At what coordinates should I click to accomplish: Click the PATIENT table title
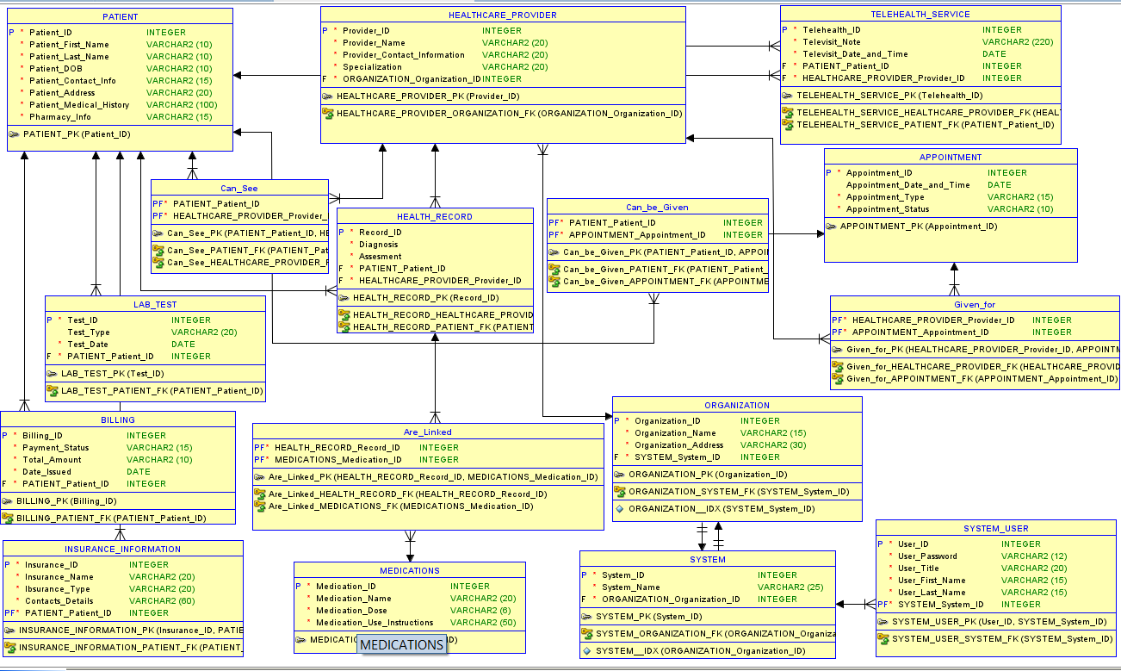point(120,16)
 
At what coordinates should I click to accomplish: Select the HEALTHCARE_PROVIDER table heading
point(502,15)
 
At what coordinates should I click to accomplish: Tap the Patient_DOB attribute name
point(56,69)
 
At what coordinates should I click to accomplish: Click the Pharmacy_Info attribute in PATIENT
point(60,117)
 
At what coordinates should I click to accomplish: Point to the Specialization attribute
point(372,67)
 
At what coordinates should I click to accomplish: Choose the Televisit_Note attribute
point(831,41)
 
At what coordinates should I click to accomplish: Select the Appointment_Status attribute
point(888,209)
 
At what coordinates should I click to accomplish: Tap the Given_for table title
point(974,304)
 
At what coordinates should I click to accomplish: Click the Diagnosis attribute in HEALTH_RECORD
point(378,245)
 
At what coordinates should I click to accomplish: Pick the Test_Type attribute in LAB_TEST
point(89,332)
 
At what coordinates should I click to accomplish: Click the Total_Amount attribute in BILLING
point(52,460)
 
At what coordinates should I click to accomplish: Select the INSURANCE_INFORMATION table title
point(122,549)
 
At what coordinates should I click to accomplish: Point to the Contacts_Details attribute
point(59,601)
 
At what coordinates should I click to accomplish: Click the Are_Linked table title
point(427,432)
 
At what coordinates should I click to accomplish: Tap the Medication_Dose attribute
point(351,611)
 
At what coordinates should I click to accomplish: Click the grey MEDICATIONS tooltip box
point(401,645)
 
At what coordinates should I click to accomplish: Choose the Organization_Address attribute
point(678,445)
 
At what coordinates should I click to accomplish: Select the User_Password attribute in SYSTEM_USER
point(927,556)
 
